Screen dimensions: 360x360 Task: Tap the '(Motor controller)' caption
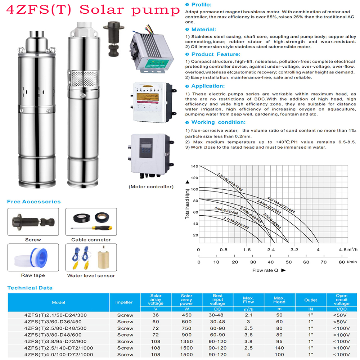pyautogui.click(x=151, y=187)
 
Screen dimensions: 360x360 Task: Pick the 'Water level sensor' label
pyautogui.click(x=91, y=276)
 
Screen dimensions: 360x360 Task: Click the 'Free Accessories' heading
pyautogui.click(x=34, y=202)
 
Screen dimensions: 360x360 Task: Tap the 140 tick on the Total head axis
pyautogui.click(x=195, y=166)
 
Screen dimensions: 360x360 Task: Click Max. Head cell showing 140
pyautogui.click(x=279, y=348)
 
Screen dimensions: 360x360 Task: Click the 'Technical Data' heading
pyautogui.click(x=30, y=288)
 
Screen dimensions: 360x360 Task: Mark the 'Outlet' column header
pyautogui.click(x=311, y=300)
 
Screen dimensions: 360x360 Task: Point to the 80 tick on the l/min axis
pyautogui.click(x=342, y=262)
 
